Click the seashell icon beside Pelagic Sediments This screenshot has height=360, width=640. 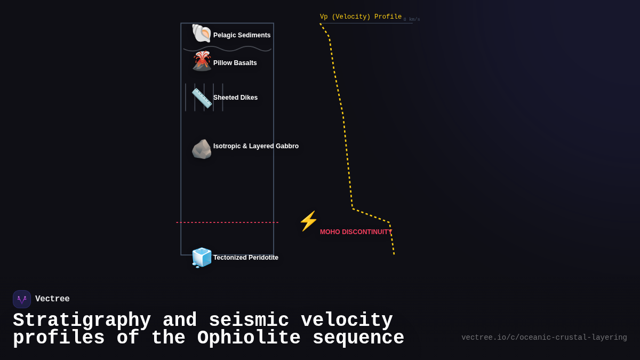click(202, 34)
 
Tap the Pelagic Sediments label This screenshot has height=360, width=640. click(242, 35)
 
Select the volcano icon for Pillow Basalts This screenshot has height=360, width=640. click(202, 61)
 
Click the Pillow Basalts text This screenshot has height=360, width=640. click(235, 63)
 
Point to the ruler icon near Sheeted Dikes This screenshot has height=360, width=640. click(202, 98)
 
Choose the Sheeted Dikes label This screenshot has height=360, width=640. click(235, 98)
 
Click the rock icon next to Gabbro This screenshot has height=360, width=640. click(202, 149)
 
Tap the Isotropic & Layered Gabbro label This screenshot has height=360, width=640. click(255, 146)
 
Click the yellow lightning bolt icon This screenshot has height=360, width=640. click(308, 221)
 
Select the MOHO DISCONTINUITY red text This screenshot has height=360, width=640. click(356, 232)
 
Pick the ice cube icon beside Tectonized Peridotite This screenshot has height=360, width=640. click(202, 258)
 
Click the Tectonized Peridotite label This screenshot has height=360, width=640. click(245, 258)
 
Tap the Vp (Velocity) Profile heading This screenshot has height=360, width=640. click(361, 17)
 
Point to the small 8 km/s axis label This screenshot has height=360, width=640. click(411, 20)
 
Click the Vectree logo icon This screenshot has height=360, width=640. click(22, 299)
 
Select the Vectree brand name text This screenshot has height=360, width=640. click(52, 299)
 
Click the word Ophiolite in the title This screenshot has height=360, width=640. click(249, 338)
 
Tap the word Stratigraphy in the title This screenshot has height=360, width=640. click(82, 321)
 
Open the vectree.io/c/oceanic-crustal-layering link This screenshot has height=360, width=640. click(544, 338)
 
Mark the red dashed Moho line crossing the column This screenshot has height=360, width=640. click(227, 222)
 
